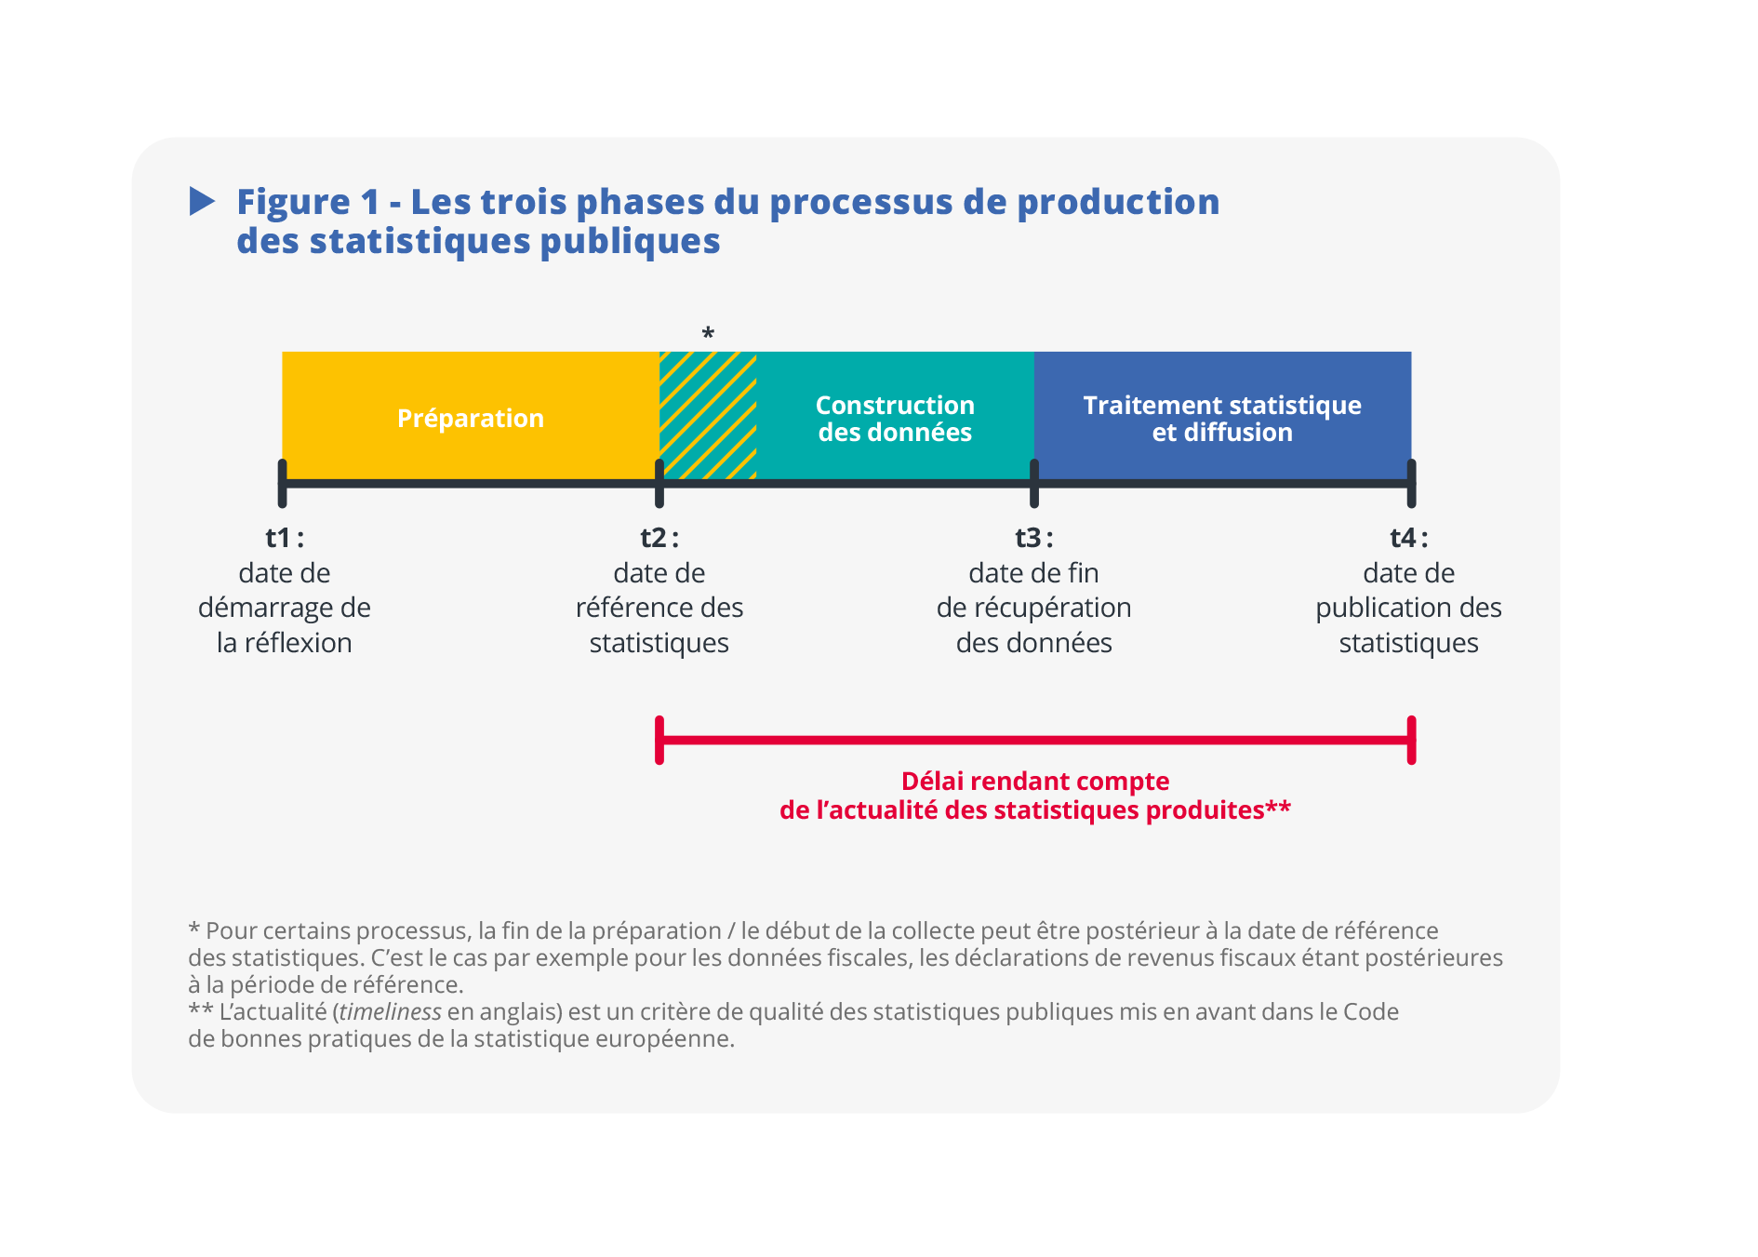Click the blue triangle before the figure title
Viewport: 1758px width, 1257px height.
[202, 201]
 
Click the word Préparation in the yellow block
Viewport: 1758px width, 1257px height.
[471, 419]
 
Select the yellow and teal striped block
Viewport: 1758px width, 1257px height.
[708, 415]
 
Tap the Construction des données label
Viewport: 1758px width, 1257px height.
[895, 419]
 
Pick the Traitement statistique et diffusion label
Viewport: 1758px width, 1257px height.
[1222, 419]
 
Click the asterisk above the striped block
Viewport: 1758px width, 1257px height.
[708, 333]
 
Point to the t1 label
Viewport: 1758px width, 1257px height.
[285, 538]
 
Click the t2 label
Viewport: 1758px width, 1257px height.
[659, 538]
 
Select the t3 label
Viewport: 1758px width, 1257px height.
[1034, 538]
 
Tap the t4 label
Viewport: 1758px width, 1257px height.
[1409, 538]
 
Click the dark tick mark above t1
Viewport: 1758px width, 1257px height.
[282, 483]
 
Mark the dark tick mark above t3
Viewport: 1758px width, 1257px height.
[1034, 483]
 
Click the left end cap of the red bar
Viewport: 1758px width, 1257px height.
[659, 741]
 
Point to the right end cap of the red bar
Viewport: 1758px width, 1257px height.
[1412, 741]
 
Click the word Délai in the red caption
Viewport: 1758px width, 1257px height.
[933, 782]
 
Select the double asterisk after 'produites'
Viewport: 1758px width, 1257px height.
[1278, 807]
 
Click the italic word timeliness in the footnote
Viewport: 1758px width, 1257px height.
[391, 1011]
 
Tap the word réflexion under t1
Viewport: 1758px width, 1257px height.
[298, 643]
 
